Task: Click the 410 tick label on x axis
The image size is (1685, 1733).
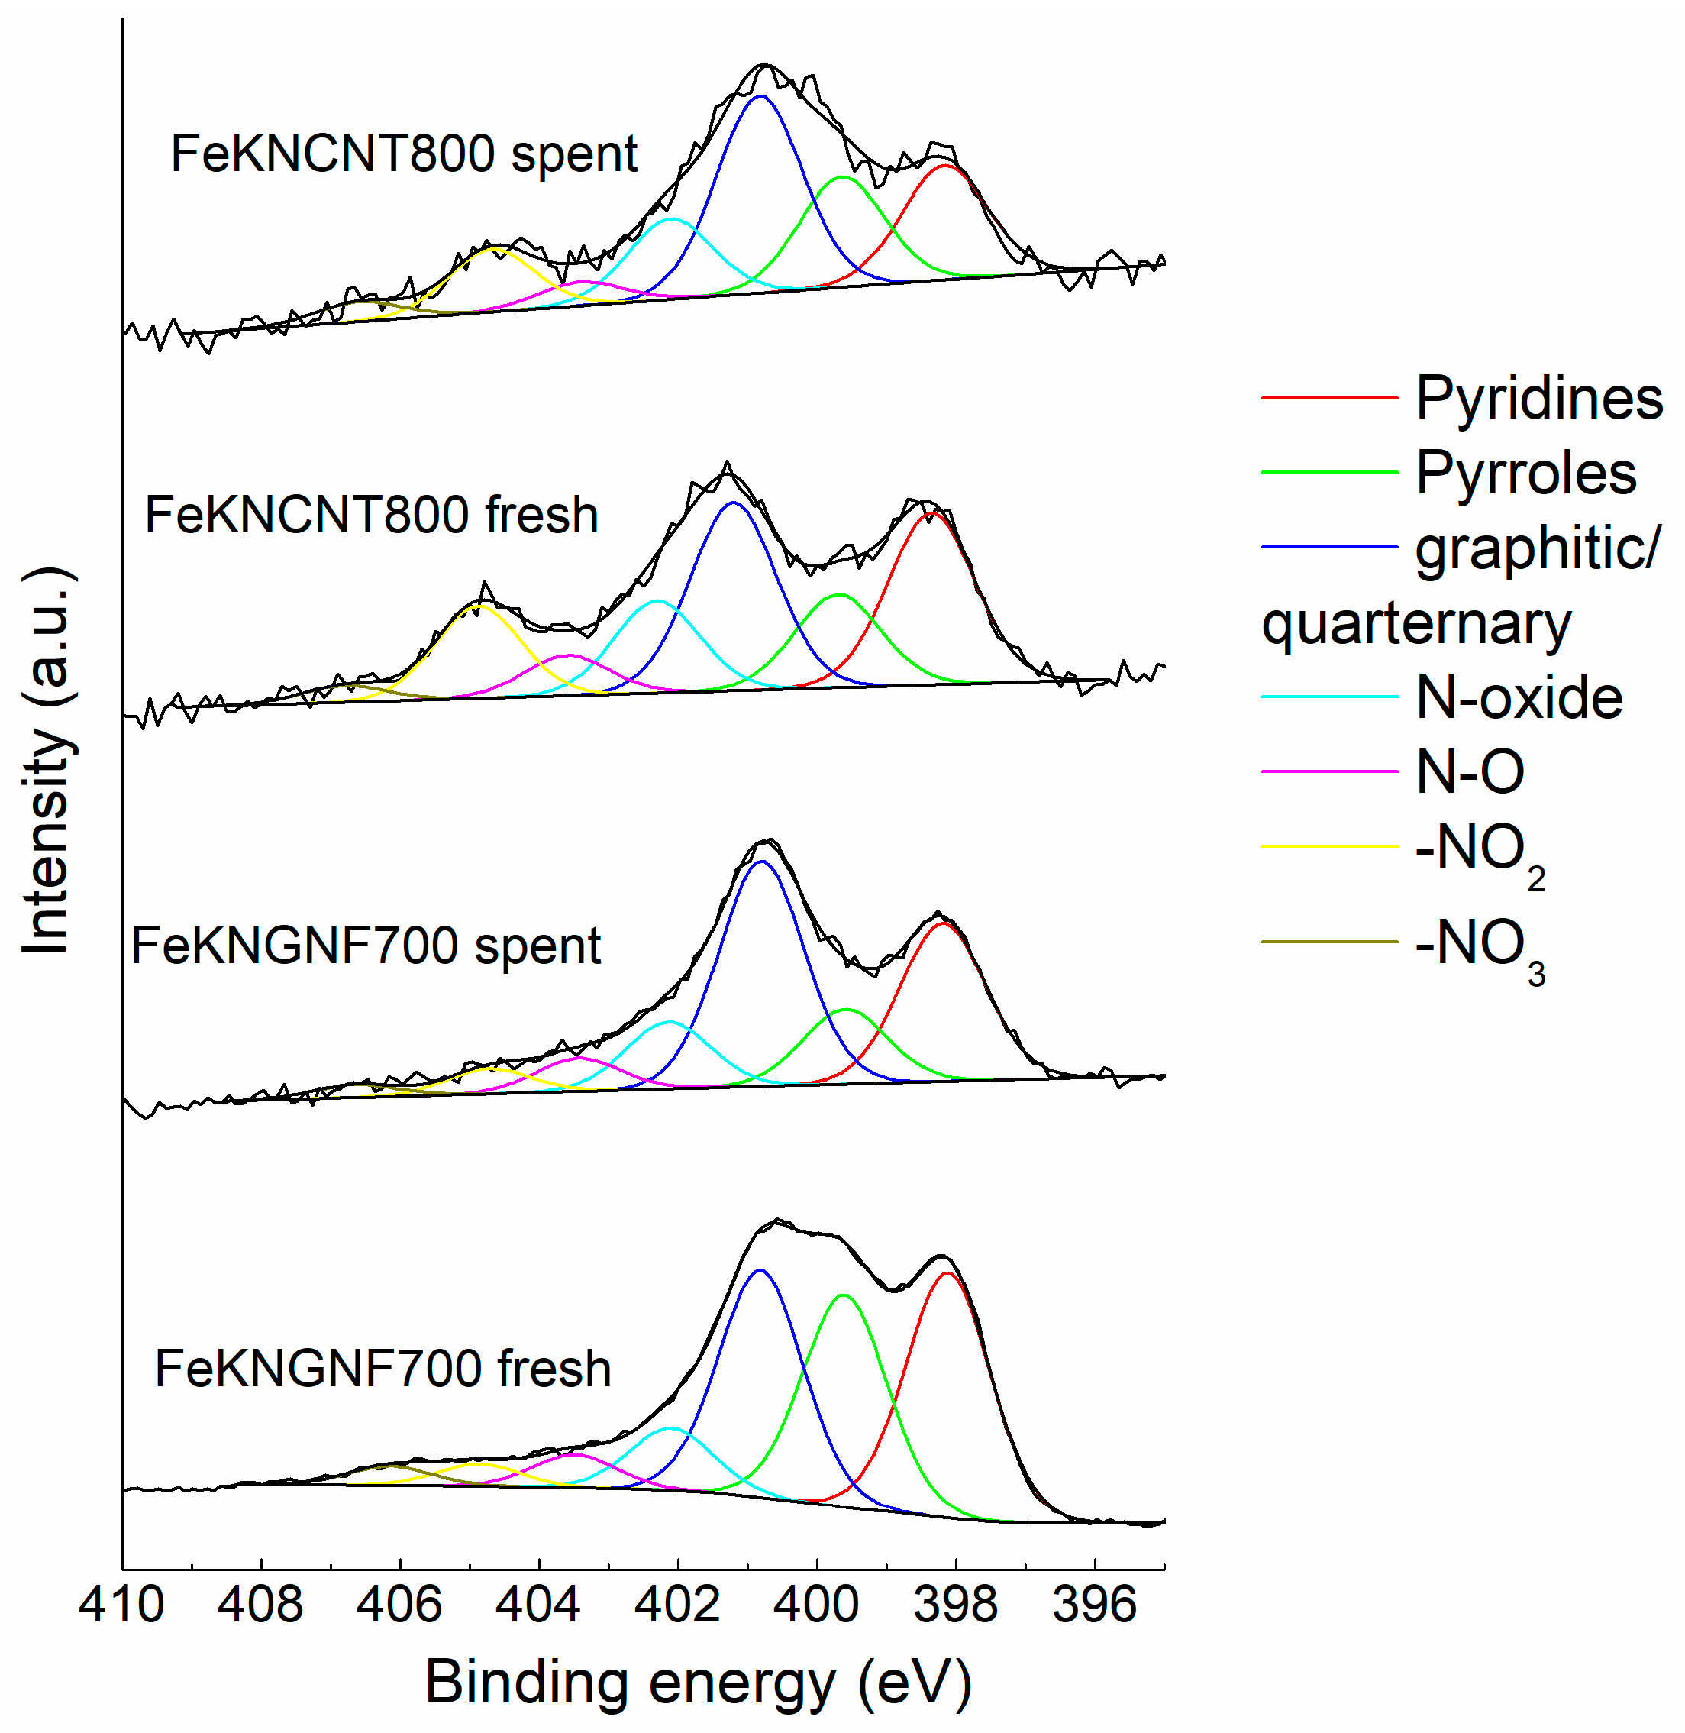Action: (x=122, y=1605)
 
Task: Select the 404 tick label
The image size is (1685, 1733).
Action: (x=539, y=1605)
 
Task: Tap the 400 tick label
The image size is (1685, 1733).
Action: (x=817, y=1605)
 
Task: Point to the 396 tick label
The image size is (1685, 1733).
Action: (x=1095, y=1605)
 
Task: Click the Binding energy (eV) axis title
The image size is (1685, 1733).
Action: (x=699, y=1683)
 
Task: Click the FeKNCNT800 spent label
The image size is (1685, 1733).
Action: (x=404, y=154)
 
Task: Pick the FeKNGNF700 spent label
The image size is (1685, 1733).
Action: (x=366, y=946)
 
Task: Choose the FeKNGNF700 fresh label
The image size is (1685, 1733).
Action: (x=383, y=1369)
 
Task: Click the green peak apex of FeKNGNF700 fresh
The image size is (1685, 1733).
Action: (x=844, y=1295)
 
